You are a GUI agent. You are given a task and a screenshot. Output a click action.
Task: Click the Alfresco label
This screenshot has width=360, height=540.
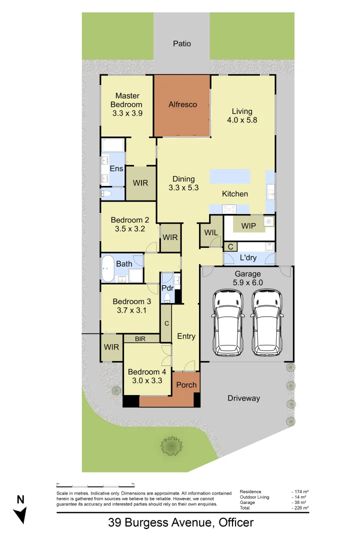coord(182,104)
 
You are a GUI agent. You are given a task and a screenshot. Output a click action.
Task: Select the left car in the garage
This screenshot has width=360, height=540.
coord(227,321)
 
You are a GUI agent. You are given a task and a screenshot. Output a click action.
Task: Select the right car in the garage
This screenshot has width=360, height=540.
coord(267,321)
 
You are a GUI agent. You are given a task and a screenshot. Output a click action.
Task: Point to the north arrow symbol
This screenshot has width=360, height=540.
coord(20,510)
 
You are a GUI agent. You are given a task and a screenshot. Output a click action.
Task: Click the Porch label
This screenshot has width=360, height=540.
coord(186,385)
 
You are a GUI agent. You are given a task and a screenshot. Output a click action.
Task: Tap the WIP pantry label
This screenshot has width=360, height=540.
coord(248,226)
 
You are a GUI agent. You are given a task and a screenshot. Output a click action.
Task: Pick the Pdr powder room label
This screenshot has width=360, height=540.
coord(167,288)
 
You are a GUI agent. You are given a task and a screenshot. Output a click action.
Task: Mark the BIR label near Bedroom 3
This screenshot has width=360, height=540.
coord(140,339)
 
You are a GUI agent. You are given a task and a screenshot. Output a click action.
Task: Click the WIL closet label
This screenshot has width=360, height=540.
coord(209,232)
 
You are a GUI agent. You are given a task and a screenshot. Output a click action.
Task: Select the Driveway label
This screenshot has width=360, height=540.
coord(244,398)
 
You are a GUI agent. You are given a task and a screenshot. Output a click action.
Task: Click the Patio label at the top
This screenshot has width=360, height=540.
coord(182,43)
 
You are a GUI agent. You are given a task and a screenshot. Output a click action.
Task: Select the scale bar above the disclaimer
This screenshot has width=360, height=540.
coord(95,485)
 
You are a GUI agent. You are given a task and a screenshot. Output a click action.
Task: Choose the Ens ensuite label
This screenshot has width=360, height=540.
coord(116,168)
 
